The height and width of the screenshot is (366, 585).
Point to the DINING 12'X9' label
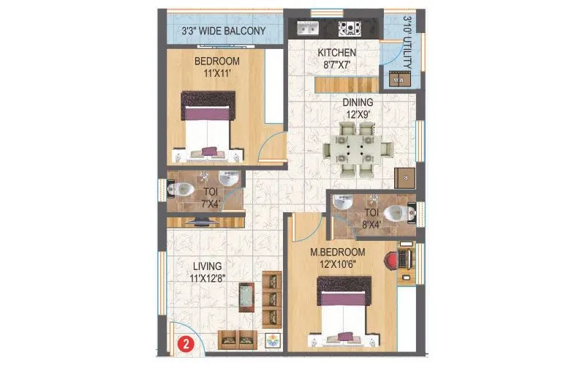(358, 108)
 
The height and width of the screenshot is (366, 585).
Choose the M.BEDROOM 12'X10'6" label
(337, 258)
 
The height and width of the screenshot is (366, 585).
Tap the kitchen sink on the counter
(306, 29)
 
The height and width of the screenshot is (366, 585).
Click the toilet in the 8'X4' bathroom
(398, 212)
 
